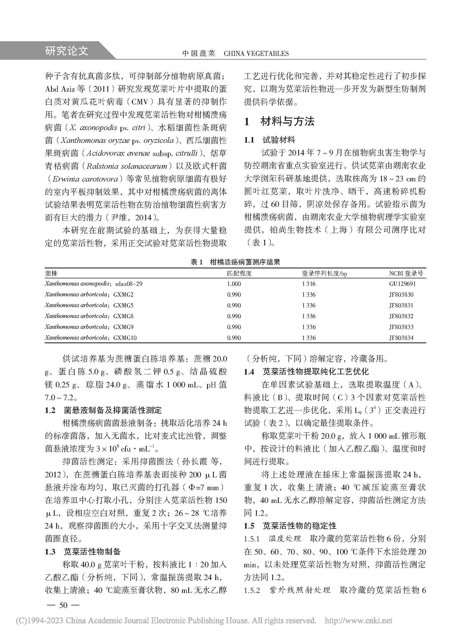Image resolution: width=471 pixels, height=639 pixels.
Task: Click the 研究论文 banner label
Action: point(66,51)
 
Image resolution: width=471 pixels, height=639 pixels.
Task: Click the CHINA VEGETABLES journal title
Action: point(256,54)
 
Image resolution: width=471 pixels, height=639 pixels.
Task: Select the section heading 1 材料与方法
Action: point(279,122)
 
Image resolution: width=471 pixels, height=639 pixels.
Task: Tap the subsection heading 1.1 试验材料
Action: point(269,140)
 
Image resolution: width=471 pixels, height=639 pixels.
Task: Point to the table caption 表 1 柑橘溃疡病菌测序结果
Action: point(235,262)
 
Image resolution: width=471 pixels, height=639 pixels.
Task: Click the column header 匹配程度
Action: point(239,274)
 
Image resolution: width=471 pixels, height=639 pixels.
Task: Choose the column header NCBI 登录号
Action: point(406,274)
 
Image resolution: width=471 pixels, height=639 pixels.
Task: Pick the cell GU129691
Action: point(402,284)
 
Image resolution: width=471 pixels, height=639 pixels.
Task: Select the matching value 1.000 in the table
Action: point(234,284)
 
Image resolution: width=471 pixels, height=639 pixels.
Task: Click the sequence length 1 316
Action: point(309,284)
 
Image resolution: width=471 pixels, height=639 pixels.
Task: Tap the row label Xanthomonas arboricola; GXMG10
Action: point(91,338)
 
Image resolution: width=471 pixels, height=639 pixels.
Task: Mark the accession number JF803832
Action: point(401,316)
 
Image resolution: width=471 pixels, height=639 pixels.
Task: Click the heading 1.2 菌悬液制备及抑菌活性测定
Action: point(103,410)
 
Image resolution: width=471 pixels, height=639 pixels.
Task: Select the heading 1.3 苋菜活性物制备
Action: point(83,552)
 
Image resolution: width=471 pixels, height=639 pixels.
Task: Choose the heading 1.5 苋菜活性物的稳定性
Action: point(290,526)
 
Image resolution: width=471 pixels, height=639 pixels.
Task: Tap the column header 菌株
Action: point(51,274)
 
